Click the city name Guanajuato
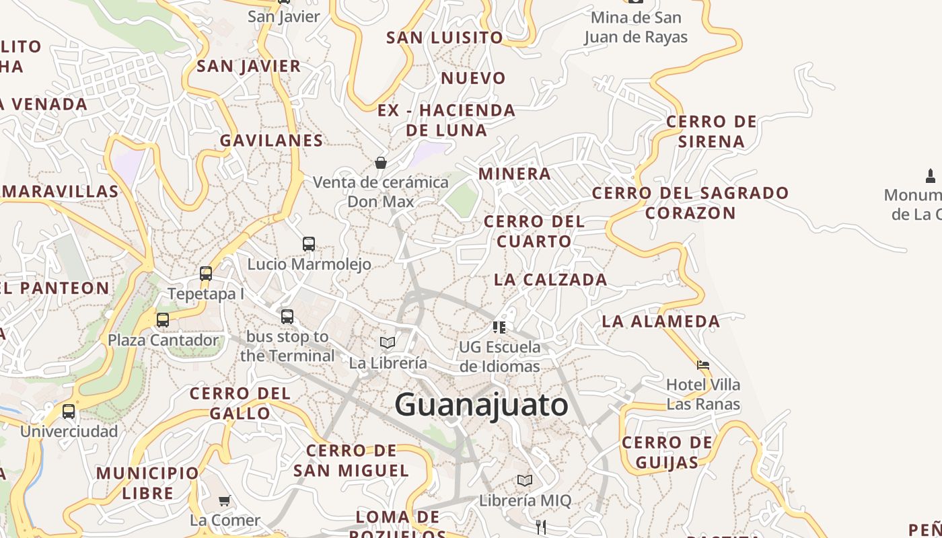[481, 406]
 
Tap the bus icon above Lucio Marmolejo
[309, 243]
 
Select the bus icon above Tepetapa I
[206, 274]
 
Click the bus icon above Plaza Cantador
[163, 320]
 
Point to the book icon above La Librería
[388, 343]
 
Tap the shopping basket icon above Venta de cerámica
[381, 163]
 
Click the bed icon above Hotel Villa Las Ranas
[703, 365]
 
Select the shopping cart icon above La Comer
[224, 500]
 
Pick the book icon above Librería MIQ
[525, 481]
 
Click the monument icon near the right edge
[931, 176]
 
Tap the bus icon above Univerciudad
[69, 412]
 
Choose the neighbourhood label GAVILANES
[272, 141]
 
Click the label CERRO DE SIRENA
[711, 132]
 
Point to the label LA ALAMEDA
[661, 321]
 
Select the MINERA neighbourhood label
[515, 174]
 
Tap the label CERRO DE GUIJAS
[667, 453]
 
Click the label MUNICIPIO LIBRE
[148, 483]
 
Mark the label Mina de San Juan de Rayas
[636, 28]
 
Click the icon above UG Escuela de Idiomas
[499, 327]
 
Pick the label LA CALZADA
[550, 280]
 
